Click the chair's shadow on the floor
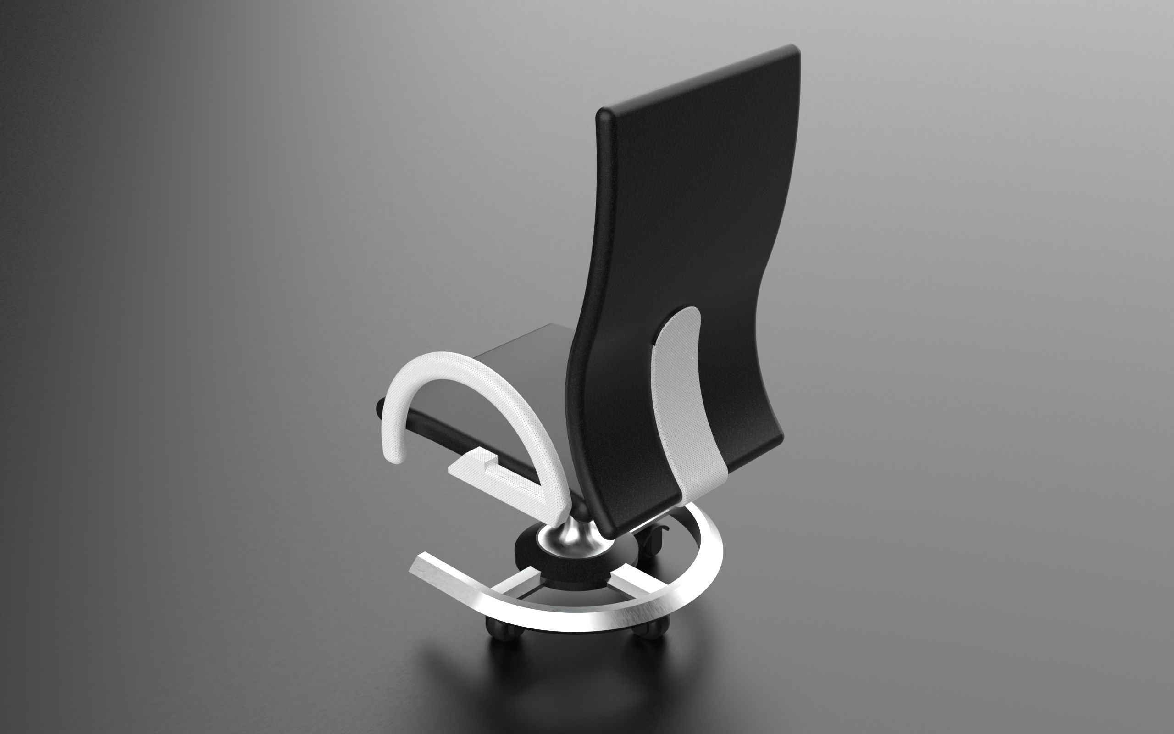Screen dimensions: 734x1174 [558, 679]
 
